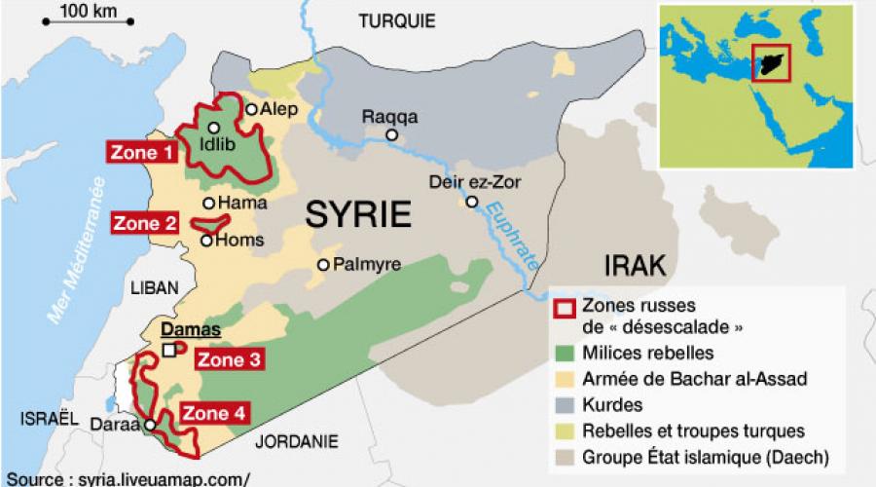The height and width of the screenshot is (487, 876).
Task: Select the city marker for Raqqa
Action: point(391,136)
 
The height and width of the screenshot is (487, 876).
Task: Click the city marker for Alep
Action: point(251,110)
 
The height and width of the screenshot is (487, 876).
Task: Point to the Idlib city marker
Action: point(213,128)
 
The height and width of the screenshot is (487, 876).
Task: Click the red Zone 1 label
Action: point(142,152)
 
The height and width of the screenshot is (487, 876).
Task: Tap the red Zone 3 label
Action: point(230,359)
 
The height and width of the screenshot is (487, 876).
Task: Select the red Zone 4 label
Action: point(213,413)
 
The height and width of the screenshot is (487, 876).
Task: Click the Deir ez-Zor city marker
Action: point(471,203)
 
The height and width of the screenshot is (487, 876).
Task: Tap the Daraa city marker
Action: point(150,425)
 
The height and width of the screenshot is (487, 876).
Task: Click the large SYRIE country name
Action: point(358,214)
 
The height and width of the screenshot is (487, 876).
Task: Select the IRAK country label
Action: point(635,265)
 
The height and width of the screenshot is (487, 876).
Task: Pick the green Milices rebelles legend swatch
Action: point(562,353)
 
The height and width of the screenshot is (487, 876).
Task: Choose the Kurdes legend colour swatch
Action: point(562,404)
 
